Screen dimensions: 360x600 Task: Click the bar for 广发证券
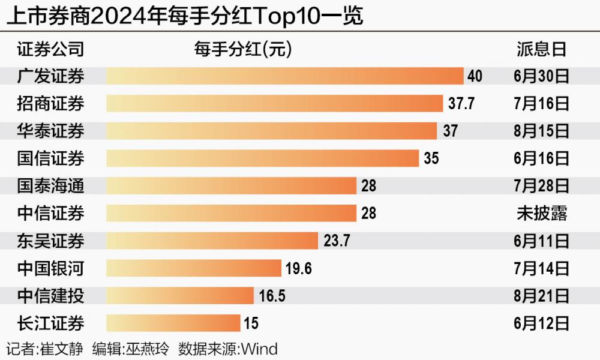[285, 76]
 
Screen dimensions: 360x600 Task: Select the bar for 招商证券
[275, 103]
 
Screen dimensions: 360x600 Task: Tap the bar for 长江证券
[173, 323]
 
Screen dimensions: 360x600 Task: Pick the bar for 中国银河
[194, 268]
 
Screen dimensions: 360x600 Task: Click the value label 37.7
[461, 103]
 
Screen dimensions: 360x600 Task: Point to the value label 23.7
[336, 241]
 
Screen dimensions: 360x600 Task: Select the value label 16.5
[272, 296]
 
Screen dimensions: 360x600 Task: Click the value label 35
[431, 158]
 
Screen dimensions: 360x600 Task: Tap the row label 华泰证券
[51, 131]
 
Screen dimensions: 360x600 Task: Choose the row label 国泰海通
[51, 186]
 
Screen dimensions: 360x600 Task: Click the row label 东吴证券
[51, 241]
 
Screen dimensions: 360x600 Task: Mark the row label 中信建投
[51, 296]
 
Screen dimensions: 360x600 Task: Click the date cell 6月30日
[541, 76]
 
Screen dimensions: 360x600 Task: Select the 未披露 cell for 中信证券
[541, 214]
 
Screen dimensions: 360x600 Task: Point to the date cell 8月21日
[541, 296]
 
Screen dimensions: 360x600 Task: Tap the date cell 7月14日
[541, 268]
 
